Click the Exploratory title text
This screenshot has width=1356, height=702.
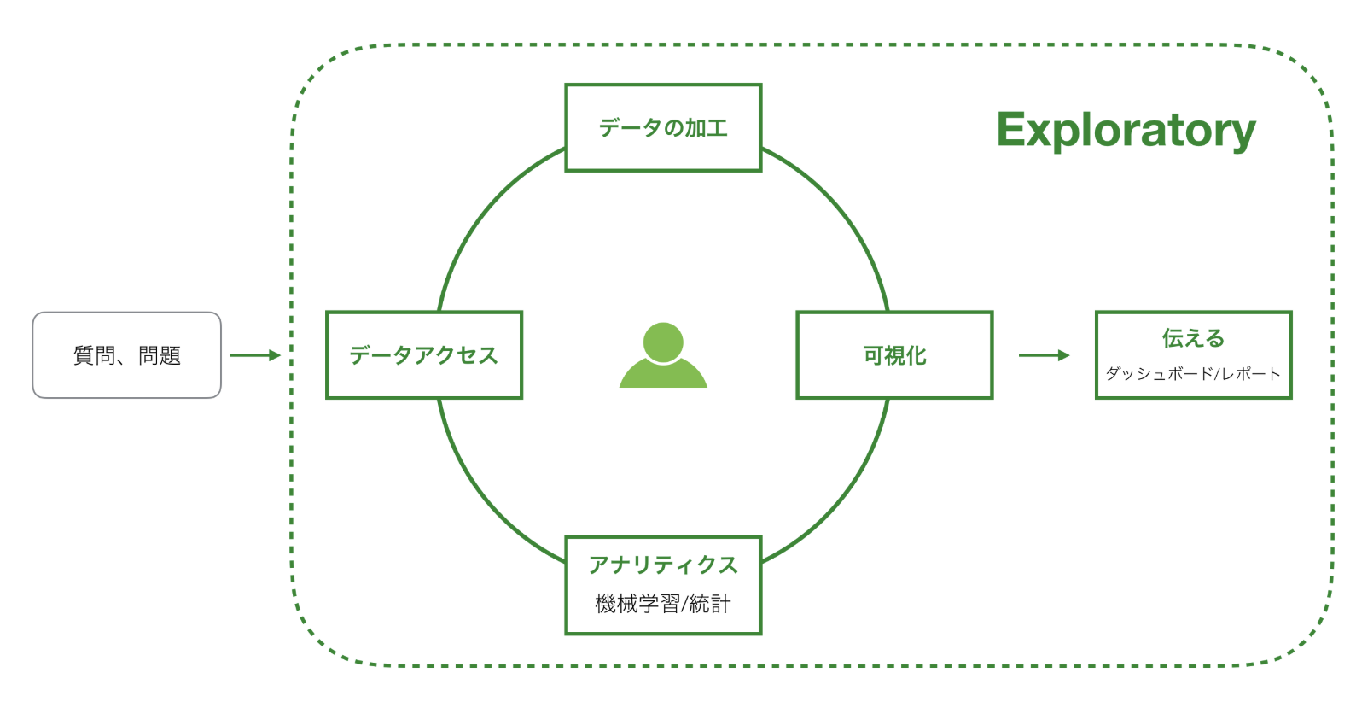pos(1126,130)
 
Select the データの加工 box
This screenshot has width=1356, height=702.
pos(663,127)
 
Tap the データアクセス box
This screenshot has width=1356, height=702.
pos(424,354)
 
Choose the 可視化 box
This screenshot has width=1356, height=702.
pos(894,354)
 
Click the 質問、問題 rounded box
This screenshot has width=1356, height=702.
pos(126,354)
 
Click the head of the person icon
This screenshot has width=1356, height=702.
pos(663,342)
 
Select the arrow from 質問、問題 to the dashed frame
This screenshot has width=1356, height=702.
pos(254,354)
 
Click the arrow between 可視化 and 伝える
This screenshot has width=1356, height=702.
pos(1043,354)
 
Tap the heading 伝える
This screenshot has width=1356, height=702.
pos(1193,338)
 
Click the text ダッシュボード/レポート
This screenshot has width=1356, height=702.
pos(1193,374)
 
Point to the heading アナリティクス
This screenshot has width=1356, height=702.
pos(663,565)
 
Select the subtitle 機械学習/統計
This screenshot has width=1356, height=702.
pos(663,605)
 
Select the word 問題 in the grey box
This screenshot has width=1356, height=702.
pos(160,354)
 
